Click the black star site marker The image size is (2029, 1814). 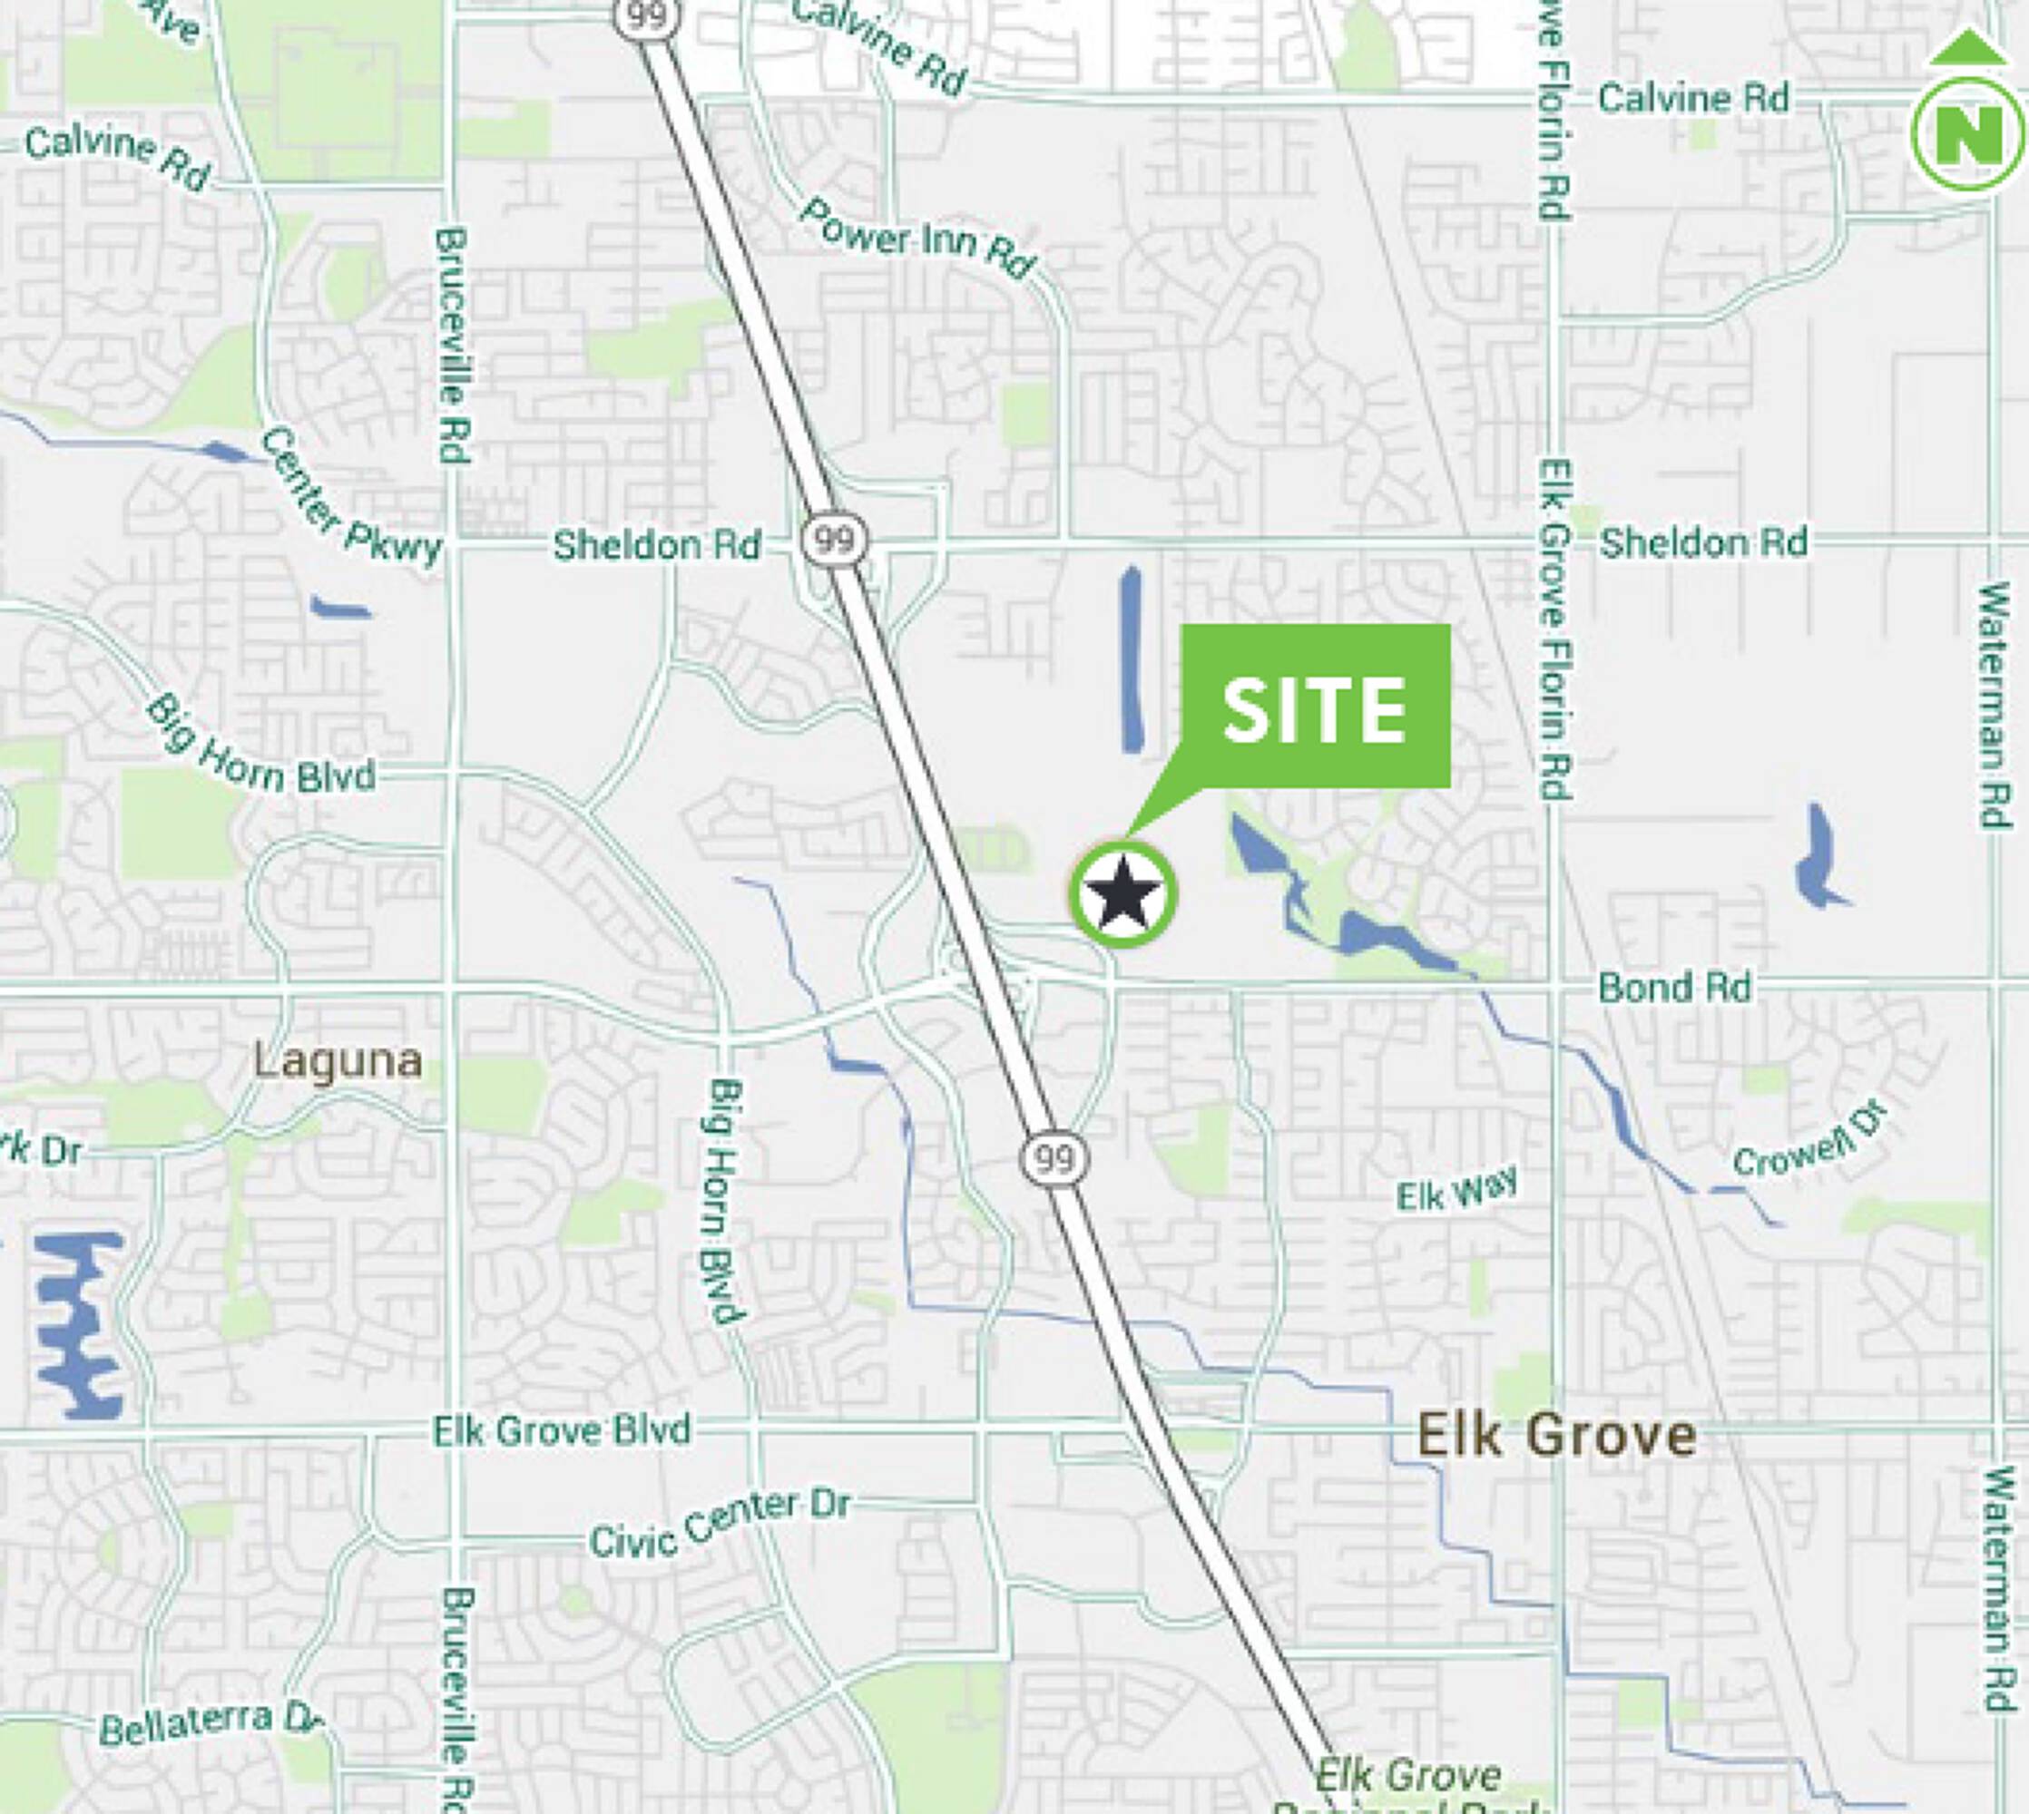pos(1122,893)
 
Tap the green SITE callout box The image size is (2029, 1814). pos(1314,707)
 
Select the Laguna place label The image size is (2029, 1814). pos(338,1060)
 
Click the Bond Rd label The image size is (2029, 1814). pos(1674,988)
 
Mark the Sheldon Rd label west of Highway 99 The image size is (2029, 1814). pos(656,545)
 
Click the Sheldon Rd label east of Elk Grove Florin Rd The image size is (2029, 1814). pos(1703,543)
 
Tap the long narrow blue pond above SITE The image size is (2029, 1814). pos(1131,658)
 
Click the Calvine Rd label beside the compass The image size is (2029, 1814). pos(1693,99)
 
